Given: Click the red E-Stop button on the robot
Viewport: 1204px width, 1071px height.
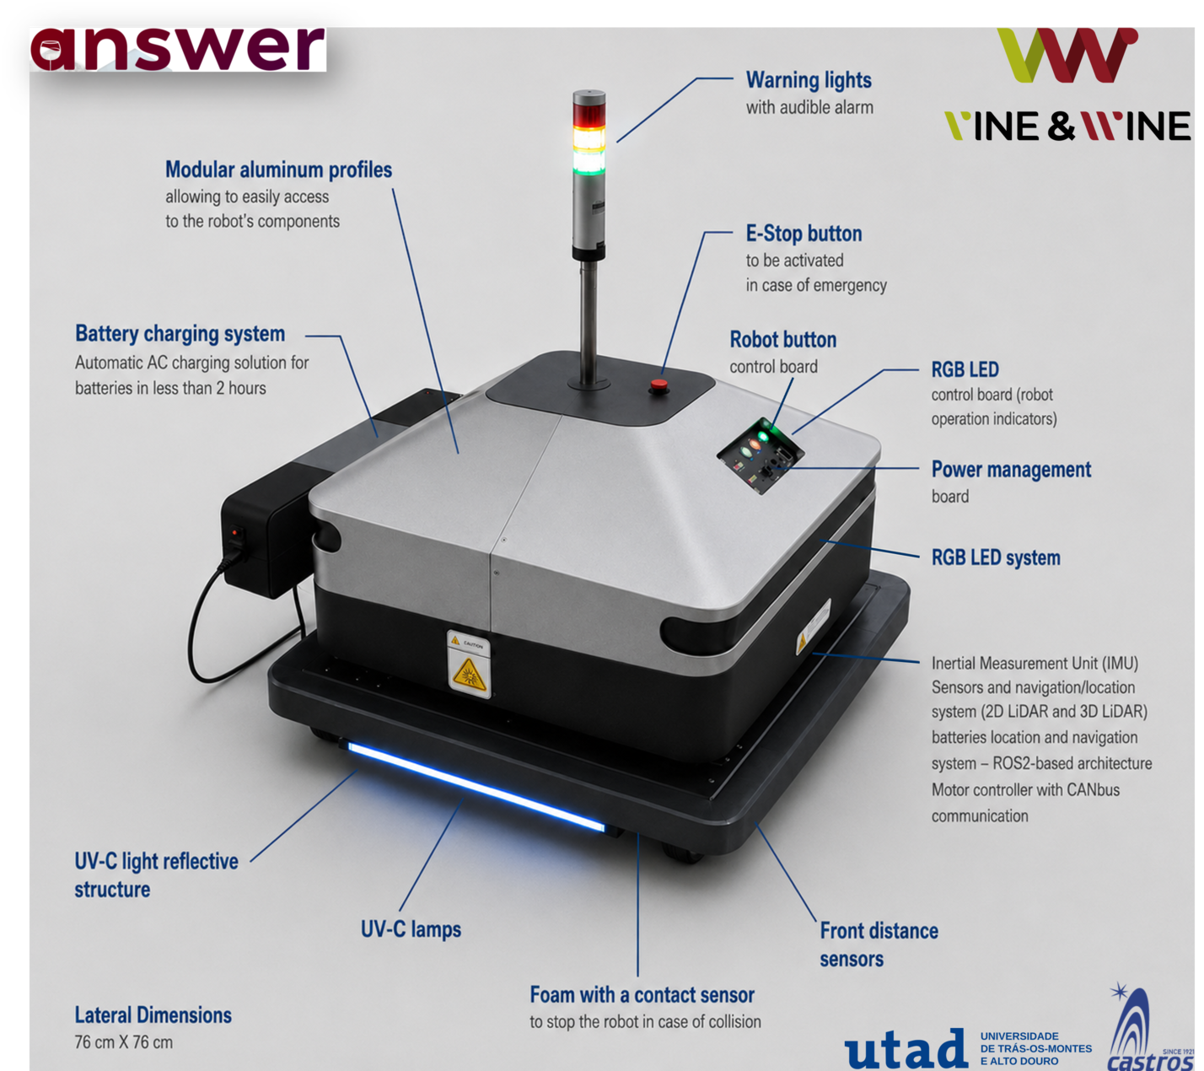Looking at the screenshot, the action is pyautogui.click(x=658, y=385).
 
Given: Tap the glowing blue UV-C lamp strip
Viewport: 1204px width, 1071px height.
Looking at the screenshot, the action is pyautogui.click(x=476, y=786).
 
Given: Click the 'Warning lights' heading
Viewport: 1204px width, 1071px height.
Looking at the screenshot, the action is pyautogui.click(x=809, y=79).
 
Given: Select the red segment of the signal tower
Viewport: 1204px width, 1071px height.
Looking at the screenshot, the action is pyautogui.click(x=589, y=115).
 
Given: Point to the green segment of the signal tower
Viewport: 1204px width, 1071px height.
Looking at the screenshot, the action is pyautogui.click(x=589, y=162).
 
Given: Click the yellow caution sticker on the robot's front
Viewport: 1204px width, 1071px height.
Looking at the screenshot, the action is pyautogui.click(x=469, y=665).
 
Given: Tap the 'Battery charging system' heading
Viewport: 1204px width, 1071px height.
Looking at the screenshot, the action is pyautogui.click(x=180, y=334).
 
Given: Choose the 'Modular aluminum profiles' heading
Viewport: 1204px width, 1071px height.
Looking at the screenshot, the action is pyautogui.click(x=279, y=170).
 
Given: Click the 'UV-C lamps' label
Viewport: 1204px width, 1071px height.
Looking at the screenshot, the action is pyautogui.click(x=411, y=929).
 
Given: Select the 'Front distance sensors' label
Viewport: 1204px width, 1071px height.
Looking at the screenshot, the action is pyautogui.click(x=879, y=945).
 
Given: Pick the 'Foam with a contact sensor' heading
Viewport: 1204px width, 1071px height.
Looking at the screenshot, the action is pyautogui.click(x=642, y=994).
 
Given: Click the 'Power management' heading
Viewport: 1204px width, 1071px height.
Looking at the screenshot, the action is pyautogui.click(x=1011, y=470).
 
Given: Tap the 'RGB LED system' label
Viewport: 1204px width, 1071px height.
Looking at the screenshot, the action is pyautogui.click(x=996, y=557).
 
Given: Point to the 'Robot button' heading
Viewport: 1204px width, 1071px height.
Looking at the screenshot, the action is pyautogui.click(x=782, y=340).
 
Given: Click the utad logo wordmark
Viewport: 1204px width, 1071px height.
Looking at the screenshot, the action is pyautogui.click(x=906, y=1048).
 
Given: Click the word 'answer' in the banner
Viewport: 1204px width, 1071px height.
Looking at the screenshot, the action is pyautogui.click(x=178, y=49).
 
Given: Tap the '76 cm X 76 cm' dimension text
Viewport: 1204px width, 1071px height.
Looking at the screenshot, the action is pyautogui.click(x=124, y=1041).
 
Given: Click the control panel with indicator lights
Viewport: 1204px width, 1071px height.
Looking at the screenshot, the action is pyautogui.click(x=760, y=455).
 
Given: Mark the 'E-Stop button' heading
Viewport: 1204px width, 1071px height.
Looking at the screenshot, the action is pyautogui.click(x=804, y=234).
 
